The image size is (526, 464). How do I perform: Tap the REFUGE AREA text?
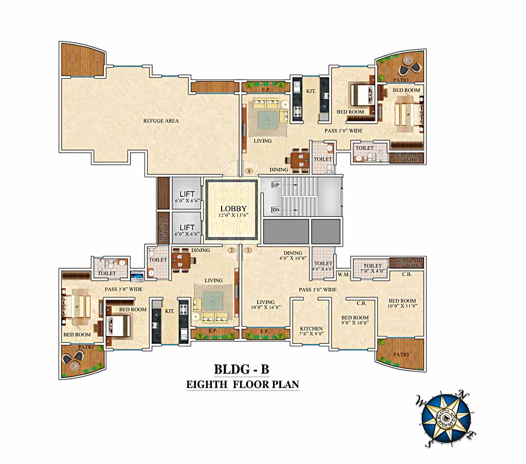pos(161,121)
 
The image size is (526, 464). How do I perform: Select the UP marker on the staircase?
pos(276,184)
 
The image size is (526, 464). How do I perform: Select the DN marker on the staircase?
pos(276,211)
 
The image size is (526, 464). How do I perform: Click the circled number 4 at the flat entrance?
pos(249,171)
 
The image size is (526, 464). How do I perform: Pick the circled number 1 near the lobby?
pos(248,250)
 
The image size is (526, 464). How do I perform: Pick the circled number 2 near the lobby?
pos(231,250)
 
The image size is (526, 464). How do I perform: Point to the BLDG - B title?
pos(242,369)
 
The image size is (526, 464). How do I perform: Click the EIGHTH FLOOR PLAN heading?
pos(242,384)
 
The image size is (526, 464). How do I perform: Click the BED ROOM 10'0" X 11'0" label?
pos(403,303)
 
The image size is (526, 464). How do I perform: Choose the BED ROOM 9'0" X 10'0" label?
pos(355,320)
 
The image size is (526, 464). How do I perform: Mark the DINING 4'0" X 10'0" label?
pos(293,255)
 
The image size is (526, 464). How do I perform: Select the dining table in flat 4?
pos(298,159)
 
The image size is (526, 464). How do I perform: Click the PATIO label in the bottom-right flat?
pos(401,355)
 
